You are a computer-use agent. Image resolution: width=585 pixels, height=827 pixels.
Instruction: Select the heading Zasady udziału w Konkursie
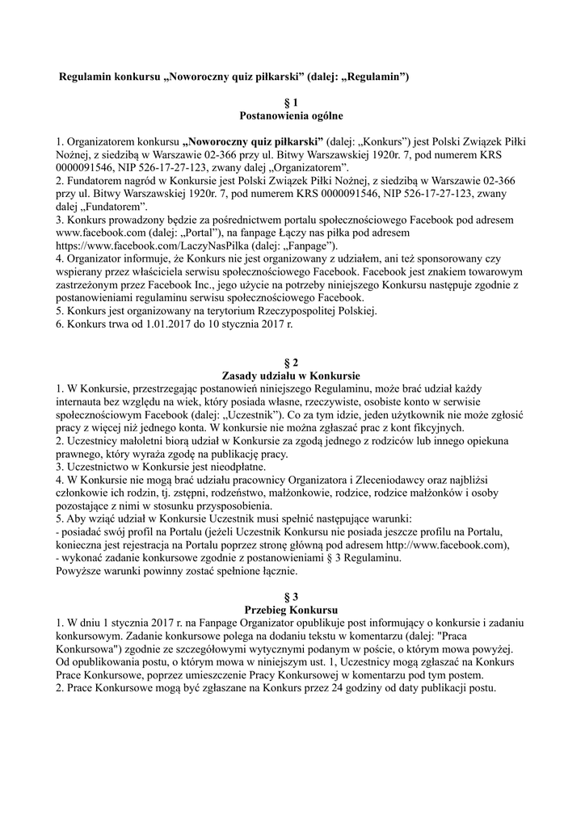(291, 376)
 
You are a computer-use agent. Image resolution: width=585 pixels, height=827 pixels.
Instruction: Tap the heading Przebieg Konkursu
(291, 608)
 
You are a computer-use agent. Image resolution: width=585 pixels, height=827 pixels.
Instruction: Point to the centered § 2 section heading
(291, 363)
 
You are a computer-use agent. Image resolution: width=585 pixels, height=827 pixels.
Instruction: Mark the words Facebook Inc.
(191, 284)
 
